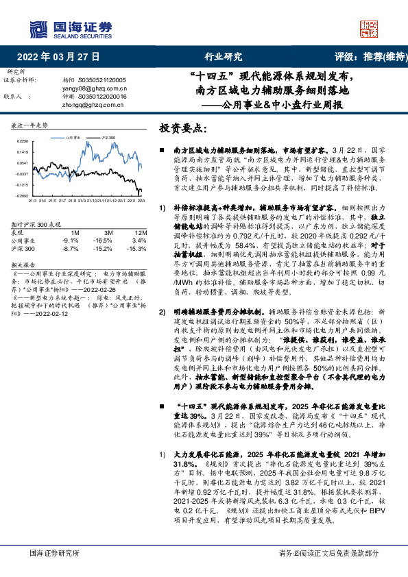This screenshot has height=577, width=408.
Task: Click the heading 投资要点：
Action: pos(184,128)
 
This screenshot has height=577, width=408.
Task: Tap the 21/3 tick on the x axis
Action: pos(32,201)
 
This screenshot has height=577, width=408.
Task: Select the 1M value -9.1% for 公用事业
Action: pos(70,240)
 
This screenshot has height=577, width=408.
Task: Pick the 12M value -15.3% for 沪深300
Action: pos(137,248)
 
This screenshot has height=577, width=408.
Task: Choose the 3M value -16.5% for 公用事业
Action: pos(103,240)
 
